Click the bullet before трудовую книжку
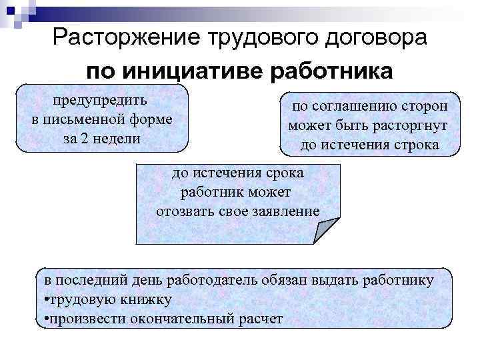click(x=43, y=299)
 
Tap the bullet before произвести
click(x=43, y=318)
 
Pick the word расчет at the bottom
click(x=260, y=318)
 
